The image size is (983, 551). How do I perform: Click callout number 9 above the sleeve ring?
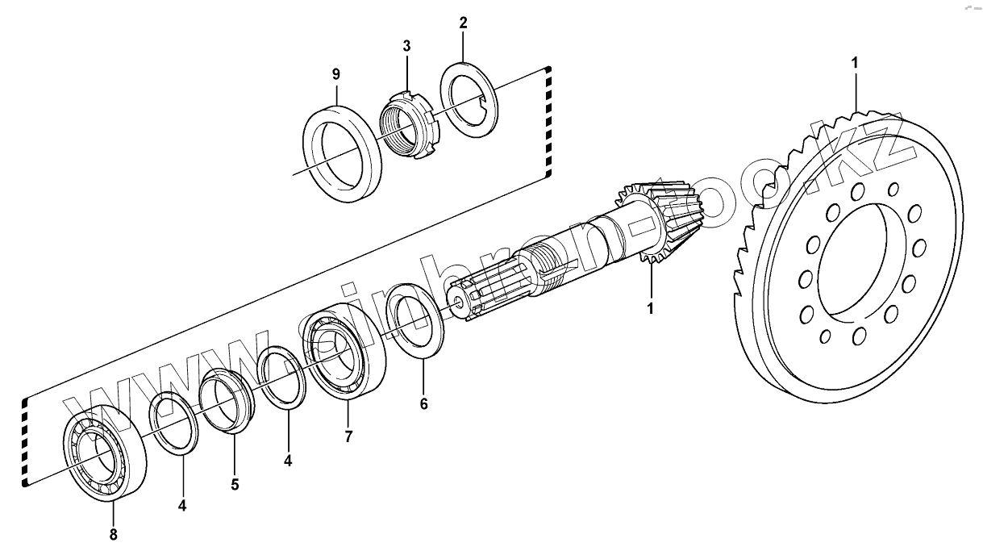point(336,73)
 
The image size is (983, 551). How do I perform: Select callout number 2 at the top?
point(463,23)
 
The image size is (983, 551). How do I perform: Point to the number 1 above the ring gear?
point(855,61)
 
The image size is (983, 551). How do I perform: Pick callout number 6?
point(424,403)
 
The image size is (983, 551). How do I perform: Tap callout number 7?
point(348,436)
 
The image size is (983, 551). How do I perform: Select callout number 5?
point(235,485)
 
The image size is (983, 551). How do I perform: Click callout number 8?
point(113,533)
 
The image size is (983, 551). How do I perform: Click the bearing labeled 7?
point(344,356)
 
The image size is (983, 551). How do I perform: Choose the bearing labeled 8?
point(105,453)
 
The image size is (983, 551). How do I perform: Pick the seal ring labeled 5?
point(228,400)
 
